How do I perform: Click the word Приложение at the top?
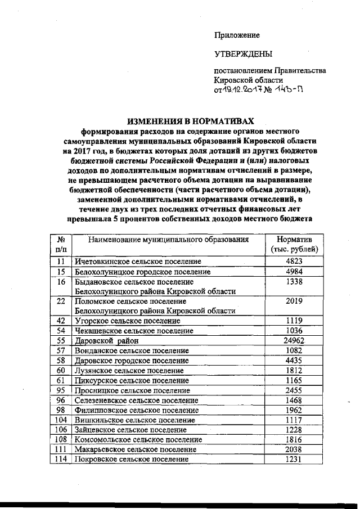pos(237,35)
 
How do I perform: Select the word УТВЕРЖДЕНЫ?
pos(243,55)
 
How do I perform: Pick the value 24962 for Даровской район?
pos(294,341)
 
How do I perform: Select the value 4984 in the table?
pos(294,272)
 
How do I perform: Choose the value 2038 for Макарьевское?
pos(294,449)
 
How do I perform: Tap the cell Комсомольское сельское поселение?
pos(138,439)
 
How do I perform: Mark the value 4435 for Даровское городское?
pos(294,361)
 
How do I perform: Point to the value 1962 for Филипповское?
pos(294,410)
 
